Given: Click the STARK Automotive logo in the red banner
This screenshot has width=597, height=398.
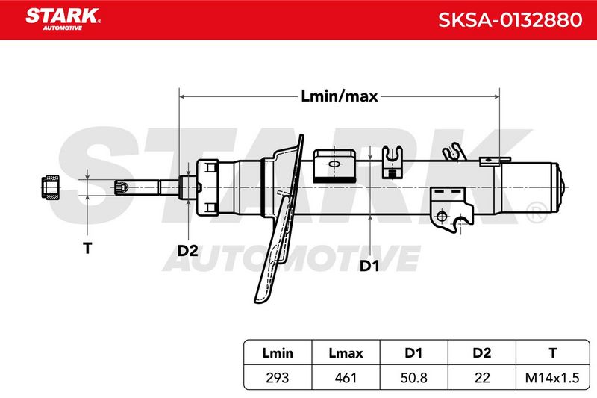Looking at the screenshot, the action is pos(63,19).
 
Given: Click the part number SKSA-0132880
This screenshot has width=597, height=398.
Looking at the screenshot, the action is pos(510,20).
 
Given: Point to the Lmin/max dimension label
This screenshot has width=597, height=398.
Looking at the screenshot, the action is pos(340,96).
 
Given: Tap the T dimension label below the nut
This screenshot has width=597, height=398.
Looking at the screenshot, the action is pos(87,249).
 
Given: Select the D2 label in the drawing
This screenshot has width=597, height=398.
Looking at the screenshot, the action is pos(188,251).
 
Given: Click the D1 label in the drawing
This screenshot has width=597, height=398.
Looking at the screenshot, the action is pos(369,266).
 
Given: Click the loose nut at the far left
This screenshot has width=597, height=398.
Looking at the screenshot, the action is pos(50,187).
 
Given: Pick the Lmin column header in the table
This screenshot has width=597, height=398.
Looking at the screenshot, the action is pos(278,353).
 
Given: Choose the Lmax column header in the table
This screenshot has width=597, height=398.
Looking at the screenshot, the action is pos(346,353).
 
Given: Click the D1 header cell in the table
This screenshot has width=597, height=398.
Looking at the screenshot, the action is pos(413,353).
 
